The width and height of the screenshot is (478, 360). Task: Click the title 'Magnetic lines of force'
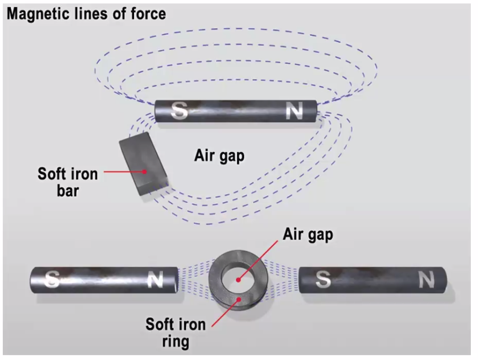(x=86, y=13)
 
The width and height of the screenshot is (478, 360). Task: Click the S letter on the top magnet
(x=178, y=112)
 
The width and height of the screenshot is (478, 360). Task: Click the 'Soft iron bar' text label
(x=67, y=182)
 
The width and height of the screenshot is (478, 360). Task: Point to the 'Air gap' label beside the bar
(x=219, y=156)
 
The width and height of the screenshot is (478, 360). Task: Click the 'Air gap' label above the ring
(x=308, y=235)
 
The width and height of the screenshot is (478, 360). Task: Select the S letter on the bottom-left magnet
(x=53, y=279)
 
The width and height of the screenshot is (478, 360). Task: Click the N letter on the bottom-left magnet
(x=155, y=280)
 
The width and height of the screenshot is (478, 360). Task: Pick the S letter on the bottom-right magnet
(x=323, y=280)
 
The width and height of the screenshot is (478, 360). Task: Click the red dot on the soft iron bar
(x=145, y=172)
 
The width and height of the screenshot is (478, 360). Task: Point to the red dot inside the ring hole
(x=238, y=279)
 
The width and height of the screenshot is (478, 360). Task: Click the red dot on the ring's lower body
(x=238, y=300)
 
